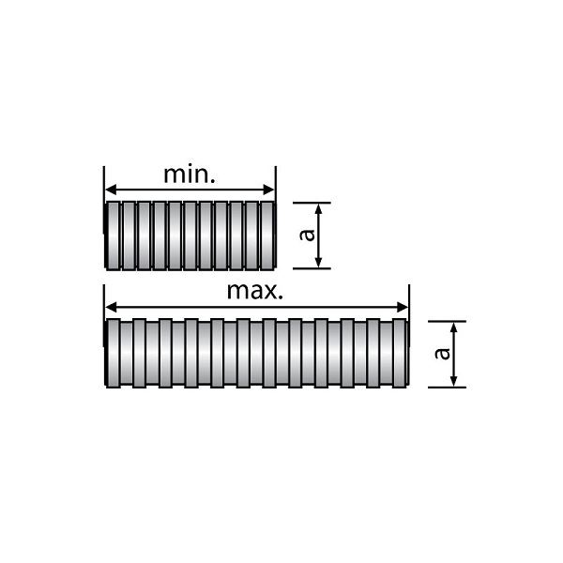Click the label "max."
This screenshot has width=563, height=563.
(254, 290)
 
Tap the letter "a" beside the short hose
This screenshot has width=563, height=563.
(307, 236)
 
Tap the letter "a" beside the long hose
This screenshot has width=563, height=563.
(442, 354)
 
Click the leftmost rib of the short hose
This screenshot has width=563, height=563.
(114, 236)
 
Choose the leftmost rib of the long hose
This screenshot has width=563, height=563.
(114, 354)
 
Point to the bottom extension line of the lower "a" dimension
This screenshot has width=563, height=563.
(447, 387)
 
